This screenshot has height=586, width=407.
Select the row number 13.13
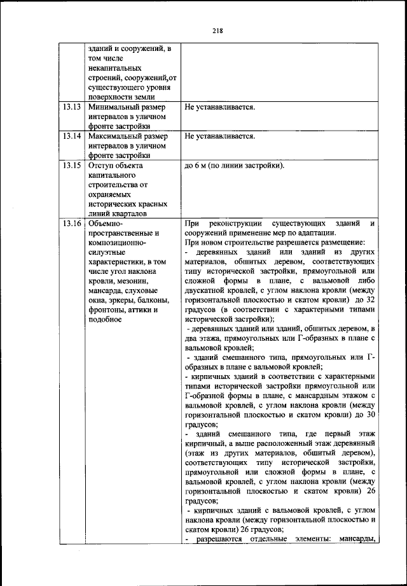pos(72,107)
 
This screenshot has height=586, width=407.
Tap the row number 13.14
pos(72,136)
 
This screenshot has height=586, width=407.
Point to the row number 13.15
pos(72,165)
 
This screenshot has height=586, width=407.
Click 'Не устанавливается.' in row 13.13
pos(219,107)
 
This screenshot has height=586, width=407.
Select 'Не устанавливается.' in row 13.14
pos(219,136)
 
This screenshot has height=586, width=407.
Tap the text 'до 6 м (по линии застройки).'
pos(234,166)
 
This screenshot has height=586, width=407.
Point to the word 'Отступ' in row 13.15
pos(102,165)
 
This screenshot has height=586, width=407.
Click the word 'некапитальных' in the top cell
pos(115,68)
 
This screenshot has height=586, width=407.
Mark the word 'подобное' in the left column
pos(106,319)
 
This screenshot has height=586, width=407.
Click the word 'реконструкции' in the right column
pos(235,224)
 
